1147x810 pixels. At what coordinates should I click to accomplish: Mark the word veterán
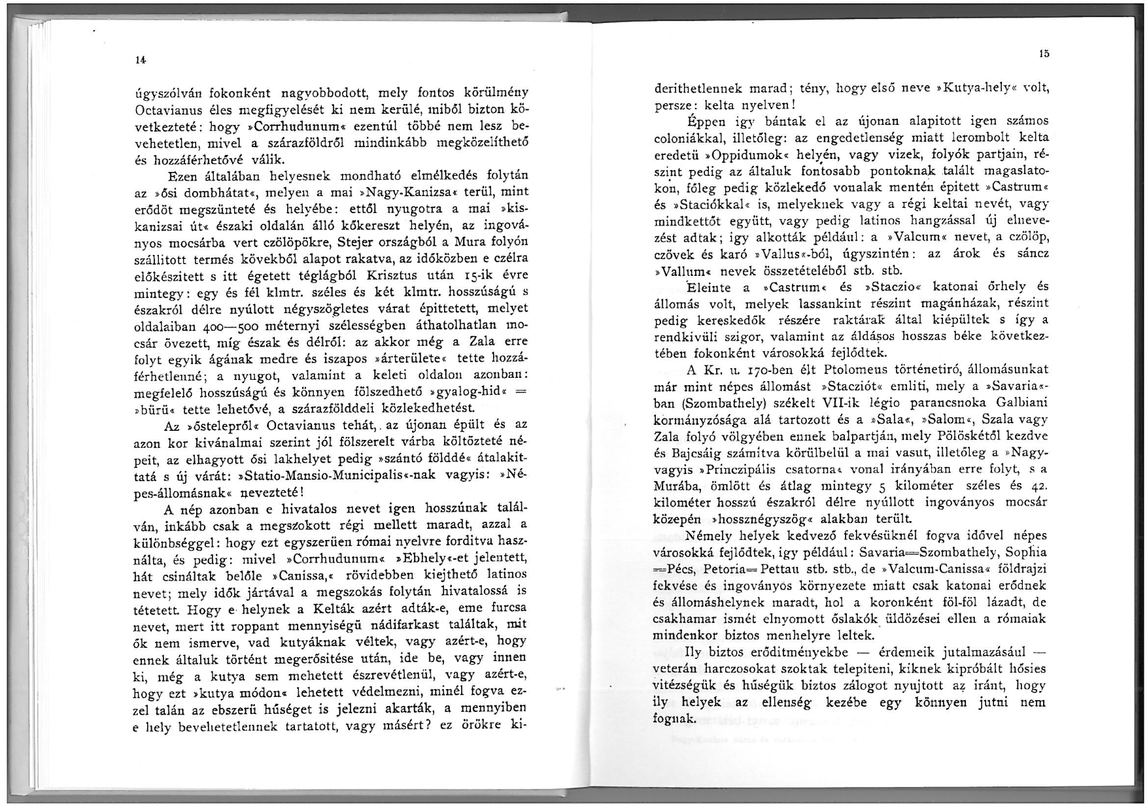click(677, 669)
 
